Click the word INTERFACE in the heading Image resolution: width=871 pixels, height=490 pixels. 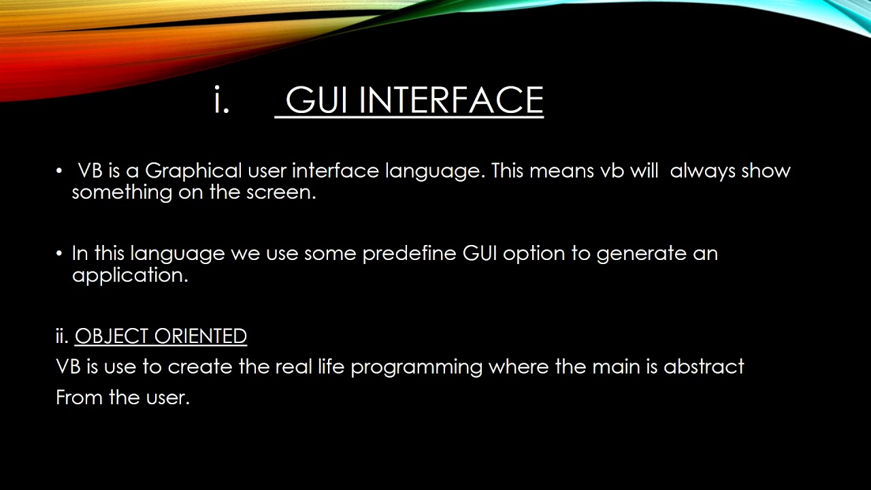tap(451, 101)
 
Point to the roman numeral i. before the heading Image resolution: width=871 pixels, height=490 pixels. tap(221, 101)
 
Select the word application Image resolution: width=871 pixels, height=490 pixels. tap(129, 276)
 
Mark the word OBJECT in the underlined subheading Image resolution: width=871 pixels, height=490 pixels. tap(112, 337)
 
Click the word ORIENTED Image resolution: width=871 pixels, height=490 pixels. tap(201, 337)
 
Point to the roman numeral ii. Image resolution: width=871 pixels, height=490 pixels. tap(62, 337)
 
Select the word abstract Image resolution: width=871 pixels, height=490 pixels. tap(704, 367)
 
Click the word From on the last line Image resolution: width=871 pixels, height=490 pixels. tap(79, 397)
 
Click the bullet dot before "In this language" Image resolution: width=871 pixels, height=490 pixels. tap(59, 254)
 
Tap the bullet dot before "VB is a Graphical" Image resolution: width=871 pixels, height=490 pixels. tap(59, 171)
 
